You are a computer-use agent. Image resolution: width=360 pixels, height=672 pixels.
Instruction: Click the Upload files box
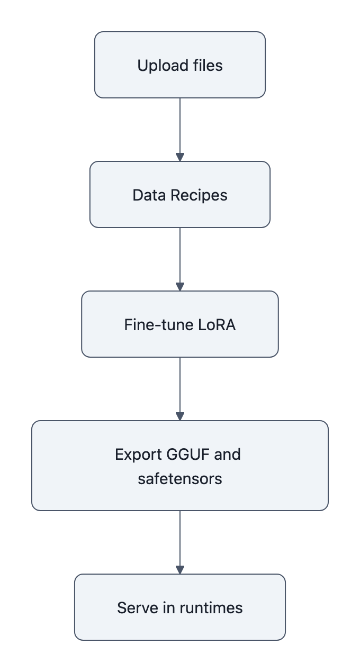click(180, 65)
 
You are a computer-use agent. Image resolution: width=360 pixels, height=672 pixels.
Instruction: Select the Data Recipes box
click(180, 195)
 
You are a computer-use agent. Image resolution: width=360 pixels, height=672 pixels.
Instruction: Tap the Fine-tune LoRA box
click(180, 324)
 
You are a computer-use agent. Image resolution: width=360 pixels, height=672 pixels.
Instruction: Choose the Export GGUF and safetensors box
click(180, 466)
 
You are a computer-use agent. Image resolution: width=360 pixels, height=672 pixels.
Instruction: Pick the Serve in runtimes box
click(180, 607)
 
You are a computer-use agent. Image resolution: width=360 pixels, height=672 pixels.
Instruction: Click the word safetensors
click(180, 479)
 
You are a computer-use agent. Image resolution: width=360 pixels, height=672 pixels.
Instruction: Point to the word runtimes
click(211, 607)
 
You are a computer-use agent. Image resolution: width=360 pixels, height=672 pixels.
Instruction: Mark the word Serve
click(133, 607)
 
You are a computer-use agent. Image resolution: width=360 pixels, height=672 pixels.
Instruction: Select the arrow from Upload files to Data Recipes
click(180, 129)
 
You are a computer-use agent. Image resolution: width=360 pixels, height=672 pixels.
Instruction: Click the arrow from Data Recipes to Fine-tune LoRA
click(180, 259)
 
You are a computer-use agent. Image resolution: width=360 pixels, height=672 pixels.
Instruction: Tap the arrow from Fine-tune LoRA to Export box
click(180, 388)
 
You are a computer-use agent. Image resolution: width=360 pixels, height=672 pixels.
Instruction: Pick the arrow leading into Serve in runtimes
click(180, 542)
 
